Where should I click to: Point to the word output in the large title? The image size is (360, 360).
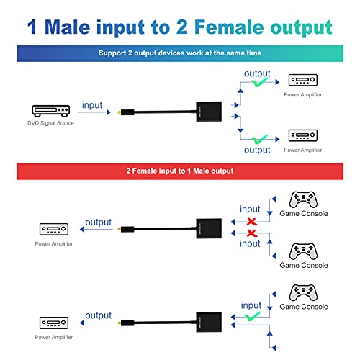coord(297,27)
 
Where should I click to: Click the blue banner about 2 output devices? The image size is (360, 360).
coord(179,53)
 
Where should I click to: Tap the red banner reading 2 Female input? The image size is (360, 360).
coord(179,171)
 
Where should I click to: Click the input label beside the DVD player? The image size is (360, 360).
coord(92,105)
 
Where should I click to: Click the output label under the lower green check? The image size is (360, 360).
coord(257,150)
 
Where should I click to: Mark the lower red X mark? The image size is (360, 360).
coord(250,234)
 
